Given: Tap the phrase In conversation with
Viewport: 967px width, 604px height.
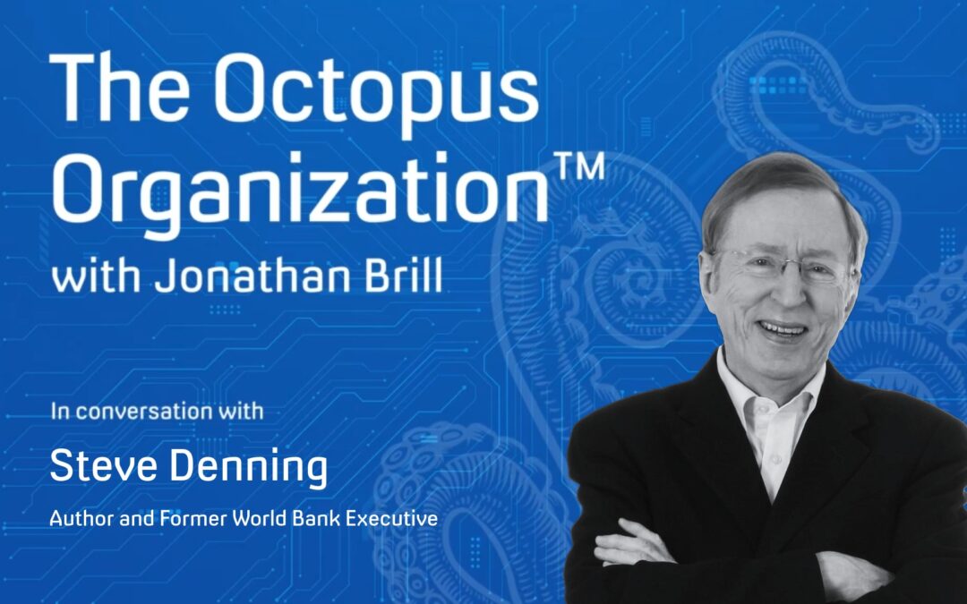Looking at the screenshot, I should pyautogui.click(x=157, y=413).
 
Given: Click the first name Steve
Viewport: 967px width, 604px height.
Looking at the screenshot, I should pyautogui.click(x=98, y=467).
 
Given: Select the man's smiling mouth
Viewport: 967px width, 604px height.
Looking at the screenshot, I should pyautogui.click(x=783, y=329).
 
